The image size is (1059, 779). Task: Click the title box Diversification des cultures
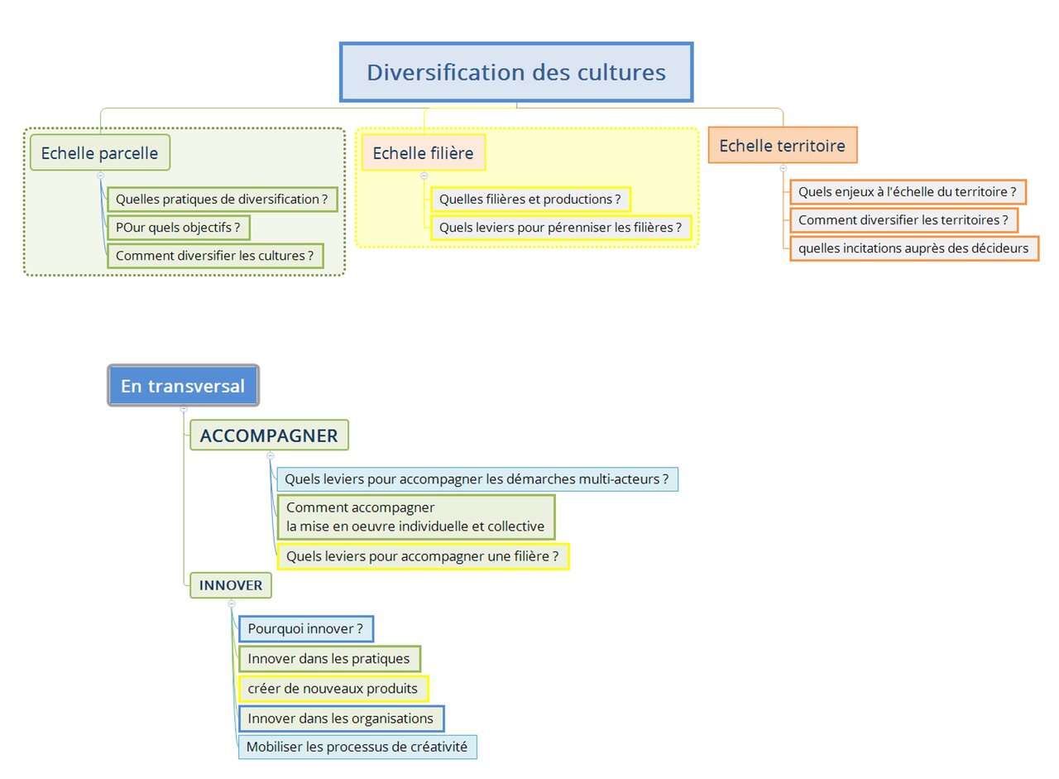[x=516, y=72]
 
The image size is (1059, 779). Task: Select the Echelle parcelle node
[x=100, y=152]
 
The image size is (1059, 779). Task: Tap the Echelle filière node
[x=424, y=152]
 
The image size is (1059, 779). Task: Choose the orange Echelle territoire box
[x=783, y=145]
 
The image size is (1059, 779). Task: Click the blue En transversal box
[x=183, y=385]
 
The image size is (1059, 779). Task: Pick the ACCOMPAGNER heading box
[x=269, y=435]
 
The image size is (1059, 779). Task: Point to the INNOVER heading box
[x=231, y=585]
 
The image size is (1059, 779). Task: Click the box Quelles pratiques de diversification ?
[x=223, y=200]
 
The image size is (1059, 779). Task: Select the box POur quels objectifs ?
[x=178, y=228]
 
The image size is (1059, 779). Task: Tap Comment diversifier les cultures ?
[x=215, y=256]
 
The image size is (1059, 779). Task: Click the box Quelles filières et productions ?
[x=530, y=200]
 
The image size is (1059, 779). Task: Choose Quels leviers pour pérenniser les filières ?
[x=561, y=228]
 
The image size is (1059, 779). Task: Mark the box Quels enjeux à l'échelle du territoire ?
[x=908, y=191]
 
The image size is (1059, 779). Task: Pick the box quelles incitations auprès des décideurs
[x=914, y=248]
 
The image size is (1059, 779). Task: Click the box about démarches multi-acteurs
[x=477, y=479]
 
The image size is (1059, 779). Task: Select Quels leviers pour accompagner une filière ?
[x=423, y=556]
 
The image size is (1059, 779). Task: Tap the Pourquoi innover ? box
[x=306, y=628]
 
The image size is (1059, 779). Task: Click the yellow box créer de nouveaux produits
[x=333, y=688]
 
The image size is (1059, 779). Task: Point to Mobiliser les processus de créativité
[x=357, y=747]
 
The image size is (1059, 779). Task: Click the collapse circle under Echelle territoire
[x=783, y=168]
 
